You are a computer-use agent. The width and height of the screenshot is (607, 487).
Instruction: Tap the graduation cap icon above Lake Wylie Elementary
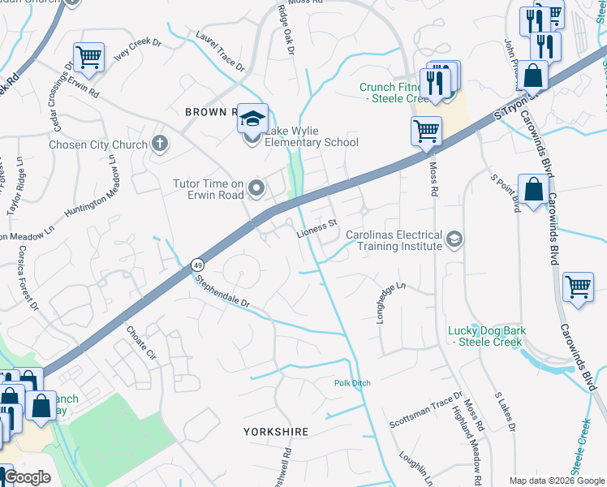click(252, 119)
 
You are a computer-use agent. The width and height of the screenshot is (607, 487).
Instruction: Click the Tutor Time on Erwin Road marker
click(257, 190)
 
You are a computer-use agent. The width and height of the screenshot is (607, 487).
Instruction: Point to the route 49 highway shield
click(197, 265)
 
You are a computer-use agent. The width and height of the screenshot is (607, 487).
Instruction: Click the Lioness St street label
click(316, 230)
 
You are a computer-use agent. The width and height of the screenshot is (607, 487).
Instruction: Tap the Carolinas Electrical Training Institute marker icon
click(454, 238)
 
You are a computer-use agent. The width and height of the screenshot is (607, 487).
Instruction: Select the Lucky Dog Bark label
click(487, 336)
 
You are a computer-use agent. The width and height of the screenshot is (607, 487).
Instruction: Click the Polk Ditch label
click(352, 383)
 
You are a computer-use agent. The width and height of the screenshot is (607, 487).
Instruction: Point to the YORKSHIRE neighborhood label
click(276, 432)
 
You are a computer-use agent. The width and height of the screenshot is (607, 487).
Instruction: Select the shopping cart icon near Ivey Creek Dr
click(88, 56)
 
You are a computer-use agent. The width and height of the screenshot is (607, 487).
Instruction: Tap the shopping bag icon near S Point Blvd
click(532, 190)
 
